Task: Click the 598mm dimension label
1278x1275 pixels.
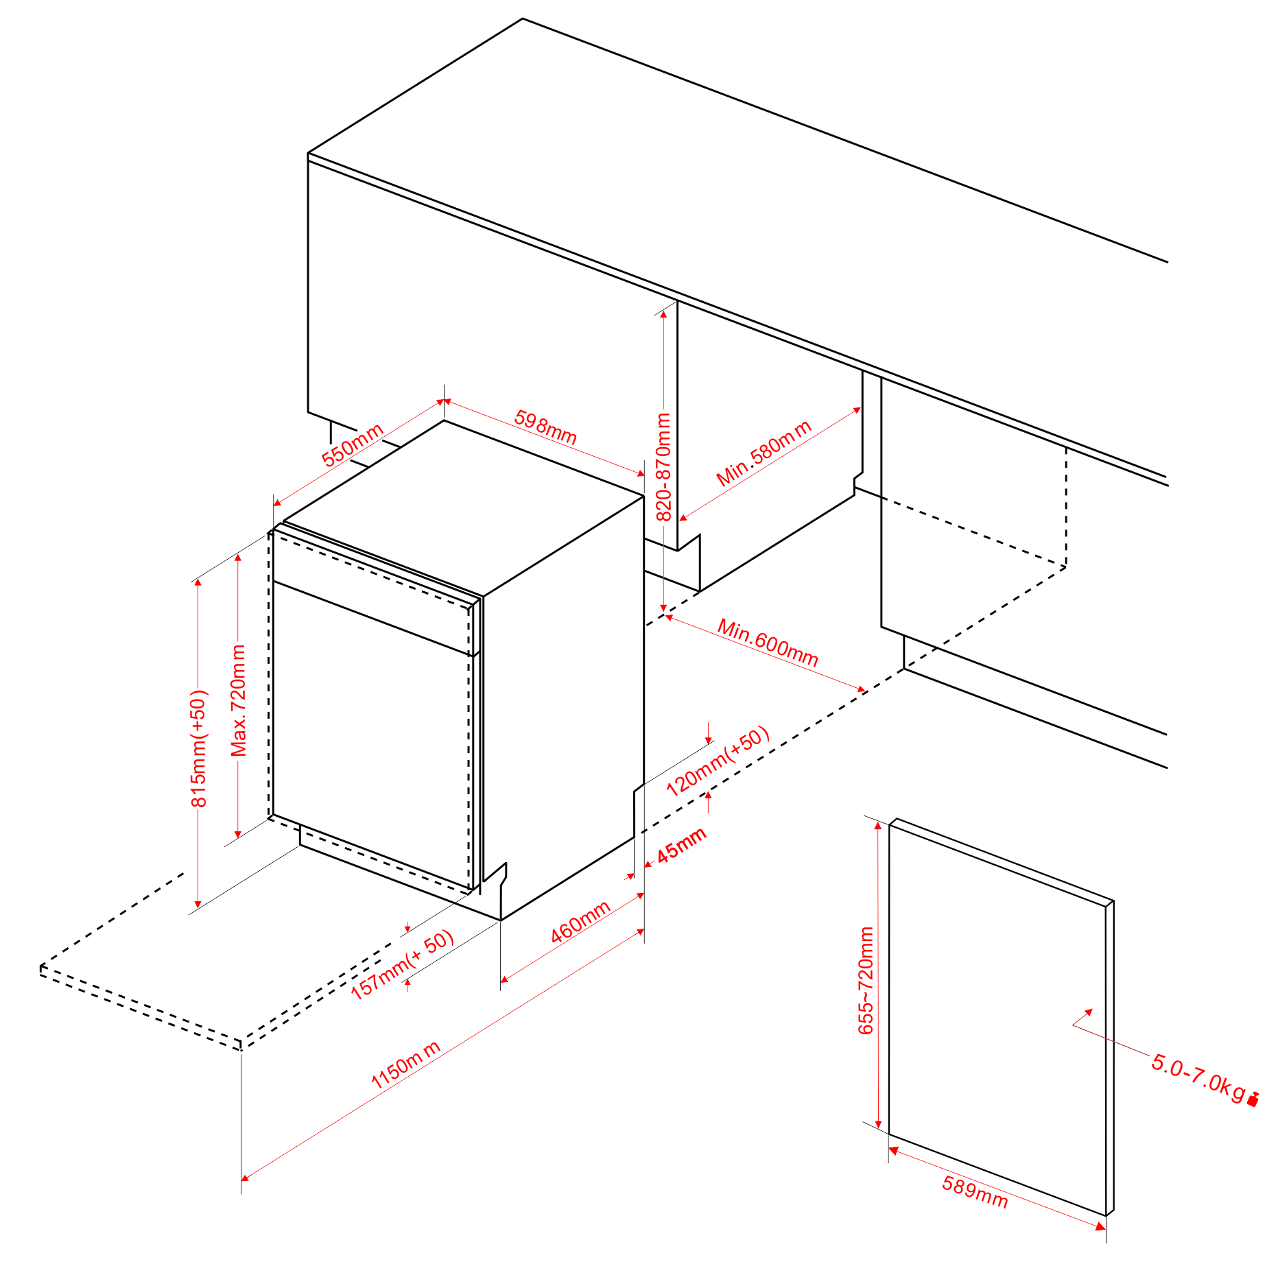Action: (545, 427)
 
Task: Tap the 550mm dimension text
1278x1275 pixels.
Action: (352, 445)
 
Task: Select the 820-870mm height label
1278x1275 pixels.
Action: (663, 466)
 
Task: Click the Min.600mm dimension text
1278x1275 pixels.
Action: (768, 643)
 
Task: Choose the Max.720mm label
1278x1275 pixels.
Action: (238, 700)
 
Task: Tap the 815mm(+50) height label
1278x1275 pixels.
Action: (198, 749)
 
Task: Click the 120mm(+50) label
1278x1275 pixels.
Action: (718, 761)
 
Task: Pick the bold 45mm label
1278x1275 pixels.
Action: (681, 846)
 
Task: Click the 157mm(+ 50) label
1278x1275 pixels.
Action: (402, 964)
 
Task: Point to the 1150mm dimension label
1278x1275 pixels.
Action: (405, 1065)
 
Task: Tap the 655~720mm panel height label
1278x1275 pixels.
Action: (866, 980)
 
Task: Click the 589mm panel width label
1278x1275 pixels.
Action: (975, 1192)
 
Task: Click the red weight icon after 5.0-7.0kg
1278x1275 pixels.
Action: (1253, 1099)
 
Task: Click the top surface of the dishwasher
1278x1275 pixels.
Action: (464, 508)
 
